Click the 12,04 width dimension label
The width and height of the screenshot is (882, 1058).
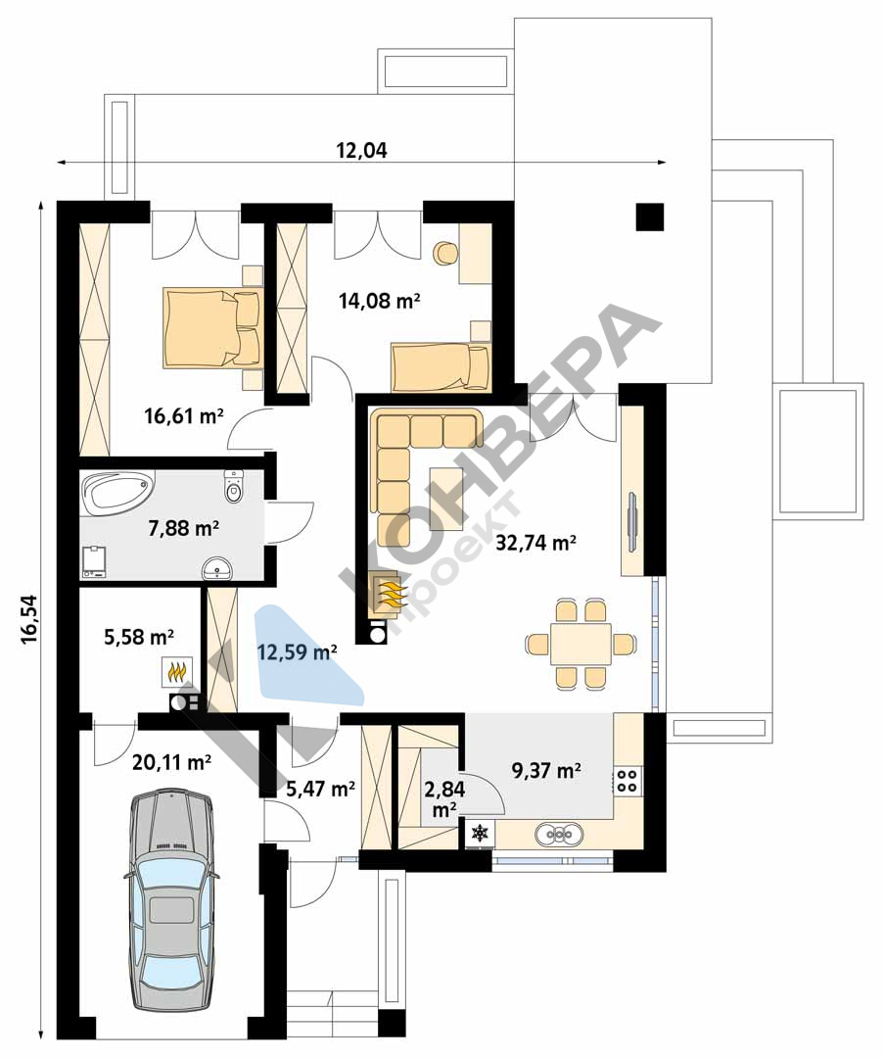(361, 150)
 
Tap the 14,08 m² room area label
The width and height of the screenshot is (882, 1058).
(380, 300)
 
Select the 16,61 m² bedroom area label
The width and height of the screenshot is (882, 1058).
(183, 415)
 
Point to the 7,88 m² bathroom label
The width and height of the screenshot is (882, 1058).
(183, 528)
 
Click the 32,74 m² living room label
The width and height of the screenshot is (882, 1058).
(536, 542)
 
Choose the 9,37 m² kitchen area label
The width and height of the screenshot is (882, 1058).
(547, 770)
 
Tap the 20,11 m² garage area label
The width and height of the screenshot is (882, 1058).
(172, 762)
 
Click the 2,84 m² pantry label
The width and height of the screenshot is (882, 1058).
(444, 798)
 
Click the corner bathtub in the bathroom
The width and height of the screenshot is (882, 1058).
(116, 490)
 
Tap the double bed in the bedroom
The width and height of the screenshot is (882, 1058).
(211, 329)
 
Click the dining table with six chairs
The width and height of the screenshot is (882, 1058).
(580, 644)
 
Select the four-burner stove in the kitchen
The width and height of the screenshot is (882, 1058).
(627, 781)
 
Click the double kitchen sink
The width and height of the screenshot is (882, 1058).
(559, 834)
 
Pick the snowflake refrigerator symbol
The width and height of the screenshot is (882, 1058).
(480, 833)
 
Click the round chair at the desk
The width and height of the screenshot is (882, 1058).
(445, 253)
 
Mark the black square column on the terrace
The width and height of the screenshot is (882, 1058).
(650, 216)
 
